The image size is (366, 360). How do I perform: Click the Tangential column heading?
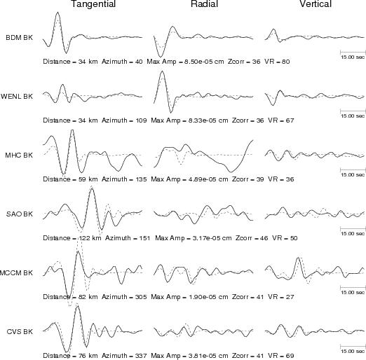click(x=93, y=4)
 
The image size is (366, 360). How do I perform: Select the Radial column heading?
click(x=204, y=4)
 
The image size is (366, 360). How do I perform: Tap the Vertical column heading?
click(x=316, y=4)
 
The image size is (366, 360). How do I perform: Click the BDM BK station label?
click(x=19, y=38)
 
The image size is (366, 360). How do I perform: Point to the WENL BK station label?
click(x=17, y=97)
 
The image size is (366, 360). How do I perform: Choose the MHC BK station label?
click(x=19, y=155)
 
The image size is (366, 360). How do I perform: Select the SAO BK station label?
click(x=20, y=214)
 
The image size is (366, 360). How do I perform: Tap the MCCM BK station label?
click(x=16, y=273)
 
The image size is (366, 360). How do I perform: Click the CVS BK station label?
click(x=20, y=332)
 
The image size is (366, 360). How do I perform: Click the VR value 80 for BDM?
click(x=285, y=62)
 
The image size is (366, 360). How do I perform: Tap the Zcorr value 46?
click(x=264, y=238)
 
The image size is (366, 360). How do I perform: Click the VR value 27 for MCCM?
click(x=290, y=297)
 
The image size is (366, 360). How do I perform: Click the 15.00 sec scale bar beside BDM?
click(x=353, y=52)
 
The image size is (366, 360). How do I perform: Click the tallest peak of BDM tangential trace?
click(x=57, y=12)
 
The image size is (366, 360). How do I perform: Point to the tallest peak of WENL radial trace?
click(x=163, y=71)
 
